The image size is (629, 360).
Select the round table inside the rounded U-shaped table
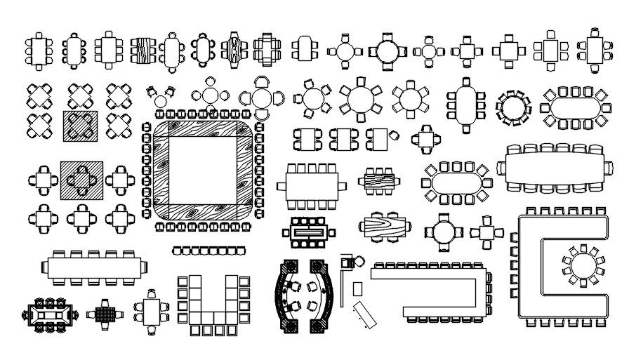(579, 265)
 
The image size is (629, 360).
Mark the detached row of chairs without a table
(208, 250)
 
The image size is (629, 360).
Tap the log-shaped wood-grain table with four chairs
(385, 227)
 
